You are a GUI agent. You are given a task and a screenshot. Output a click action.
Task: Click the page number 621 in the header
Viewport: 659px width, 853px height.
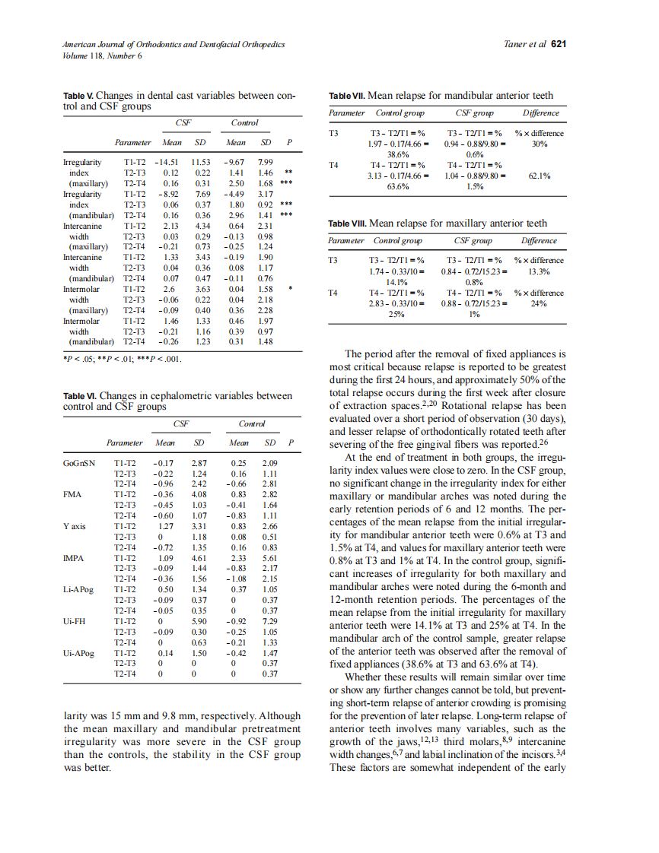tap(559, 45)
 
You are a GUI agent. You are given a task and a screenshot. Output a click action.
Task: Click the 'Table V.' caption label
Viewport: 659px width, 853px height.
tap(78, 96)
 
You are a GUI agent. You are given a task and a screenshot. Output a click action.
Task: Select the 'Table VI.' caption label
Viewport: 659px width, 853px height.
tap(80, 396)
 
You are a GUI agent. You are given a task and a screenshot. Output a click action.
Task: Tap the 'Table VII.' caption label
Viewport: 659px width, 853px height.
tap(346, 96)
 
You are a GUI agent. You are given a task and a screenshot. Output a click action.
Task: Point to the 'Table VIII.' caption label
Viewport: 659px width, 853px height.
tap(347, 224)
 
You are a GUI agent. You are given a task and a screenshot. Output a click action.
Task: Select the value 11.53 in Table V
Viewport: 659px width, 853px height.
tap(200, 163)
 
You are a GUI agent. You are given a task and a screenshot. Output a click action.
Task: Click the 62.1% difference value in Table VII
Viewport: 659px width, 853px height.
tap(539, 176)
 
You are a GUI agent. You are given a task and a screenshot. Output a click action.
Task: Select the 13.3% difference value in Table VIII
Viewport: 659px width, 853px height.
tap(539, 271)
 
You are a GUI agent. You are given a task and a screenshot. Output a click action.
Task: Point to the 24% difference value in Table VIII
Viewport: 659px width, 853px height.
tap(539, 303)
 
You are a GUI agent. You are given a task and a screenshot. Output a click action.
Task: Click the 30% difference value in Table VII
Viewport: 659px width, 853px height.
tap(539, 144)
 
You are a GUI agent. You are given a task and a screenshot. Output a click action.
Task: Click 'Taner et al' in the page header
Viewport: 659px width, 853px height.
tap(524, 45)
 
